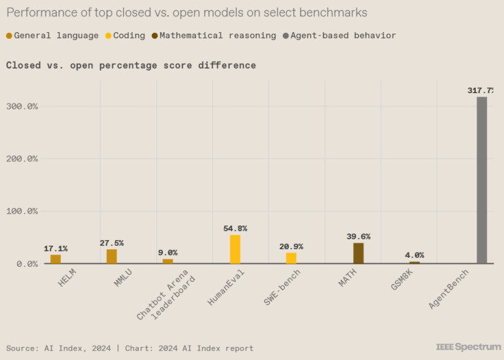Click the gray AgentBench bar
point(482,180)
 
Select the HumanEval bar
point(235,249)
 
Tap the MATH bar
point(358,253)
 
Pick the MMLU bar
point(112,256)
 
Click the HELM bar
point(56,259)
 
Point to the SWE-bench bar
point(291,258)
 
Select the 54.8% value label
point(235,228)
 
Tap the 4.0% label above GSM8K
point(414,255)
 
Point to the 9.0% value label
point(167,252)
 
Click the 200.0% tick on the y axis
point(24,159)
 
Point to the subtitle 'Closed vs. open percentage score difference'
point(131,65)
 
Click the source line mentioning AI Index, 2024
point(130,348)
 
